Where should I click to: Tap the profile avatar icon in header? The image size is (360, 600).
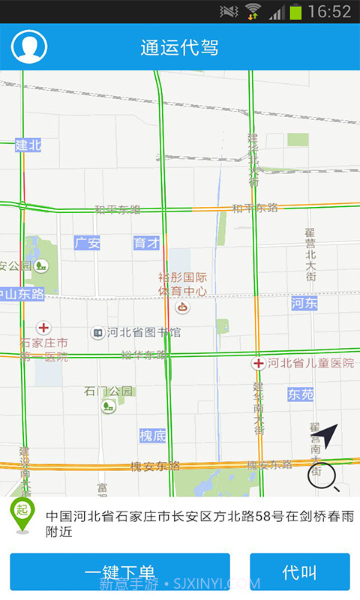pos(29,46)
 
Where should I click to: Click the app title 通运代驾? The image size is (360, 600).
pos(179,47)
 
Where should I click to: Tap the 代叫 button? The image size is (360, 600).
pos(299,573)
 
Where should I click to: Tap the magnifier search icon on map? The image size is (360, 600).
pos(322,475)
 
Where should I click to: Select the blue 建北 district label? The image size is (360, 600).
pos(28,145)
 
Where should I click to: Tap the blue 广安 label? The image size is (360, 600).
pos(87,243)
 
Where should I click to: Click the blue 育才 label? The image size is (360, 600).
pos(146,243)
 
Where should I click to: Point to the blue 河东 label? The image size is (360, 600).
pos(304,303)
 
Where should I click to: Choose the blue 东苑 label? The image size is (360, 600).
pos(300,394)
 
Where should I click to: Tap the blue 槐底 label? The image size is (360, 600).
pos(152,436)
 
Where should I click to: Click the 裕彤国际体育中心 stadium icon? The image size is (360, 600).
pos(182,307)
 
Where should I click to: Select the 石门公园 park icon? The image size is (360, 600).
pos(109,406)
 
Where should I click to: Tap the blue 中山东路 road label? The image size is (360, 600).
pos(22,293)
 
